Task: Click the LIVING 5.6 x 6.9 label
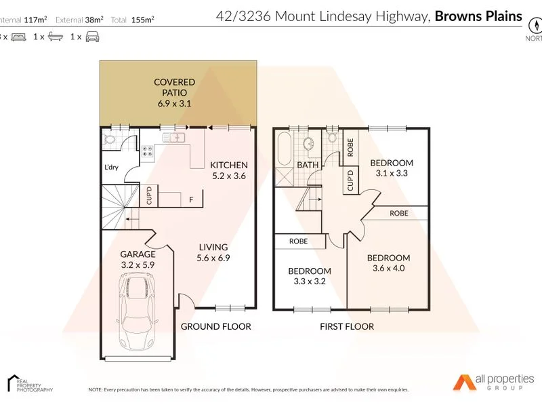213,253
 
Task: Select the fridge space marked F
192,200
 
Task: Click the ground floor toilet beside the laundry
110,140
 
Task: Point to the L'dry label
111,168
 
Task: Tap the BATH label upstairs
308,165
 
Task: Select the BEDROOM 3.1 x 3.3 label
392,168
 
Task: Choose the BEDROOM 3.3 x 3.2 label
308,276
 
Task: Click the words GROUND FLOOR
215,326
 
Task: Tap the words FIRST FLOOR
347,326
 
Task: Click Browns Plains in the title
479,15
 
